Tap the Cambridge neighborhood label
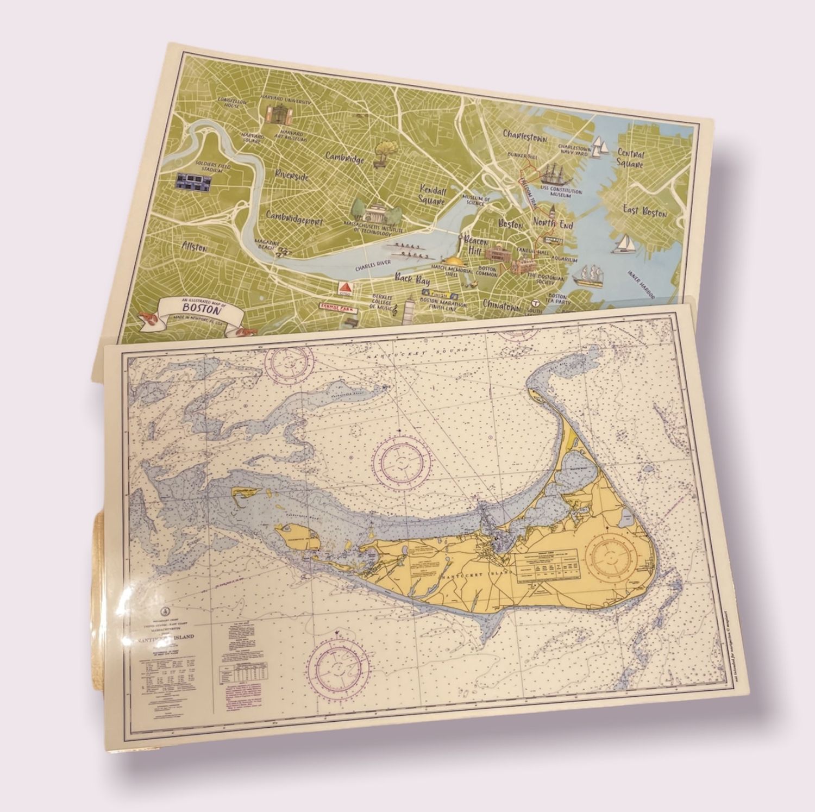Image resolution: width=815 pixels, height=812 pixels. [x=344, y=157]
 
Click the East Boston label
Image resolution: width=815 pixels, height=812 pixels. [x=645, y=211]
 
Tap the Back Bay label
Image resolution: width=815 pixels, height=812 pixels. [x=412, y=281]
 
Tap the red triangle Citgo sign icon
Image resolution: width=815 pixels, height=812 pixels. [x=343, y=288]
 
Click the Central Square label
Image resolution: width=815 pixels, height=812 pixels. [x=630, y=159]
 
